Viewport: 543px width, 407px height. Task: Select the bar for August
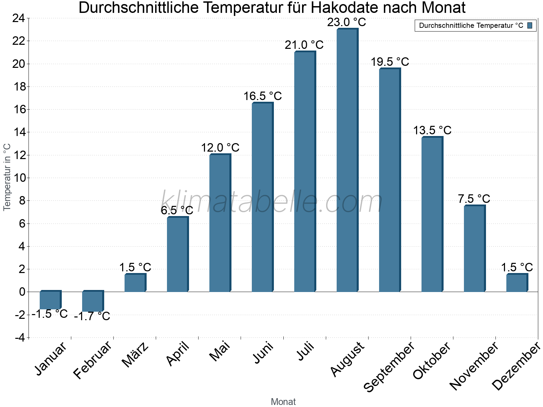pos(347,160)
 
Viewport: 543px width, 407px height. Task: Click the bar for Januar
pos(50,300)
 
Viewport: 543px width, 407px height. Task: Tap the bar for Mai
pos(220,223)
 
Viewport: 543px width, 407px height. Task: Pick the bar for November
pos(474,249)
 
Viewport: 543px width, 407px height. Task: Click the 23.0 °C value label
pos(347,22)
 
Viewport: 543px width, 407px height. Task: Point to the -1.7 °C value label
pos(92,316)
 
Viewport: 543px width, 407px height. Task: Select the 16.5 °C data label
pos(262,96)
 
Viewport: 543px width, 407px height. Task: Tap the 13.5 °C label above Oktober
pos(432,131)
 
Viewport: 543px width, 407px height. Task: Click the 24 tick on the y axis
pos(19,18)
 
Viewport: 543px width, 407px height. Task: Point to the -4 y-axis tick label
pos(20,338)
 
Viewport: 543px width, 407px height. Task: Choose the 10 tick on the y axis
pos(19,178)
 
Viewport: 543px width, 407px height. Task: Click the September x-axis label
pos(389,366)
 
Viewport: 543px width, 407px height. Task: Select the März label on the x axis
pos(135,355)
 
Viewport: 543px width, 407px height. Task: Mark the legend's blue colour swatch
pos(530,25)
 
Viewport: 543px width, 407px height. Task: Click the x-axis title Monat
pos(283,402)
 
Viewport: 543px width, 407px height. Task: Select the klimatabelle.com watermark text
pos(271,202)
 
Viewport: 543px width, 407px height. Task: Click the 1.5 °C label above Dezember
pos(517,267)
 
